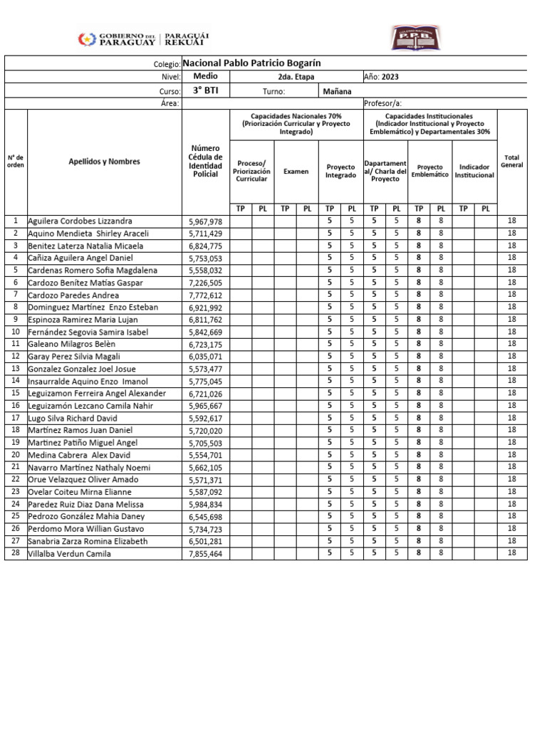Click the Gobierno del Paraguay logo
(x=142, y=38)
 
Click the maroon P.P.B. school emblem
(x=415, y=38)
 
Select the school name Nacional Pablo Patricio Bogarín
(x=259, y=63)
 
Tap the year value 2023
(x=392, y=77)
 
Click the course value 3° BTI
(x=205, y=90)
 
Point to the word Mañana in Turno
(x=337, y=91)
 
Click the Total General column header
(x=511, y=161)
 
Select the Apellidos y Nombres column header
(x=104, y=162)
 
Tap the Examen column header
(x=296, y=171)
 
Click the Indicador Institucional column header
(x=474, y=171)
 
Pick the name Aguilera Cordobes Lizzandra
(x=80, y=221)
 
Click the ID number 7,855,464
(x=205, y=554)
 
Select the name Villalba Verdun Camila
(x=69, y=554)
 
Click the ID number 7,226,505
(x=205, y=283)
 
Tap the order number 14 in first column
(x=16, y=382)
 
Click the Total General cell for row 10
(x=511, y=332)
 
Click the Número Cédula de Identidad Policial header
(x=205, y=161)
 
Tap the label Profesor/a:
(x=383, y=103)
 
